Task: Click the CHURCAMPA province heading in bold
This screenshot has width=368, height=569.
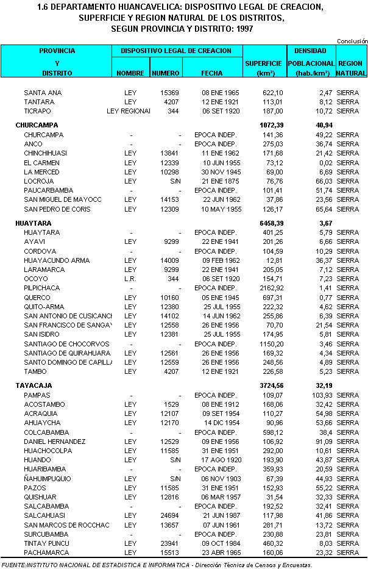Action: click(x=34, y=124)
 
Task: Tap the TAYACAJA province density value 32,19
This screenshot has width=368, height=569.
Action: click(x=321, y=385)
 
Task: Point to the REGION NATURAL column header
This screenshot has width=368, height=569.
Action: click(x=350, y=68)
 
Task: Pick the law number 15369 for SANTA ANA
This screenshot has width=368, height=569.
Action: click(x=169, y=93)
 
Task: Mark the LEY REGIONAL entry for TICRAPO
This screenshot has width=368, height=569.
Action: click(x=128, y=112)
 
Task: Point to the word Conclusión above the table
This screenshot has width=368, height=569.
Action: click(x=352, y=41)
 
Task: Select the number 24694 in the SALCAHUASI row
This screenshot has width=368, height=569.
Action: click(x=169, y=515)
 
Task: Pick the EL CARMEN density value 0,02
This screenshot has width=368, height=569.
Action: click(x=324, y=163)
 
